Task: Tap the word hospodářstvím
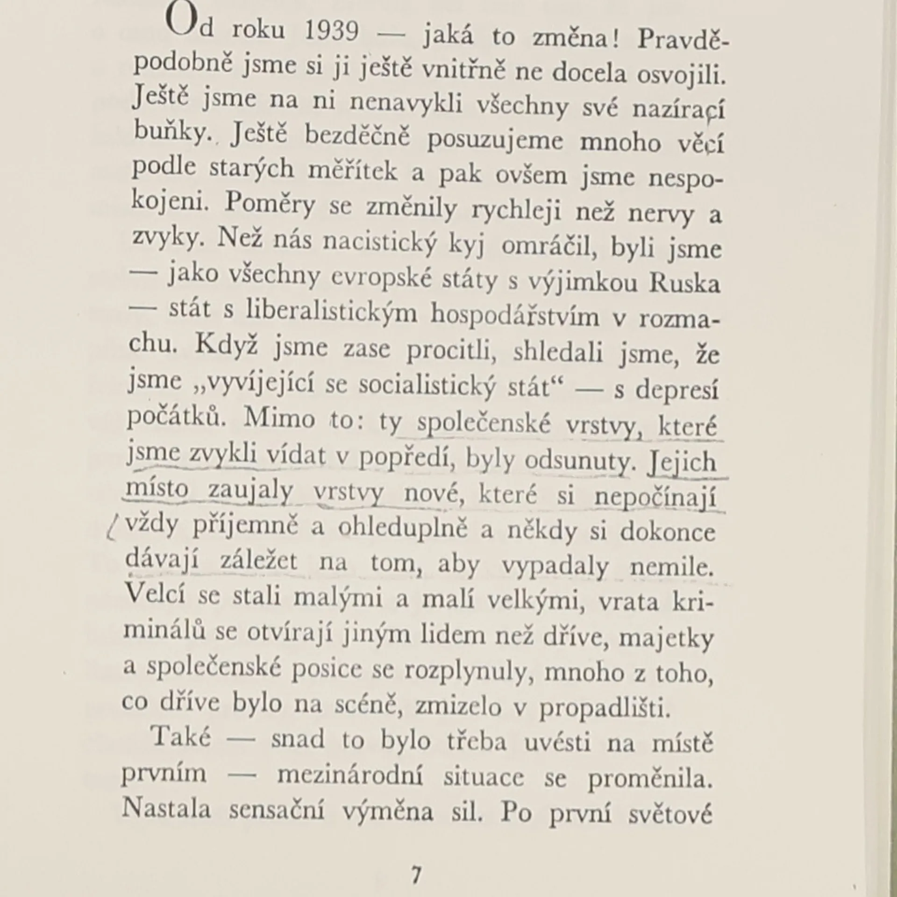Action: coord(514,316)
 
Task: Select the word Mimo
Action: coord(279,418)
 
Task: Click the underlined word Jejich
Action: coord(683,462)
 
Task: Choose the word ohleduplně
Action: coord(402,528)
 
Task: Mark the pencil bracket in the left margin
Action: coord(112,529)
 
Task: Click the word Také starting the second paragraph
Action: coord(181,738)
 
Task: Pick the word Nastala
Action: coord(166,810)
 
